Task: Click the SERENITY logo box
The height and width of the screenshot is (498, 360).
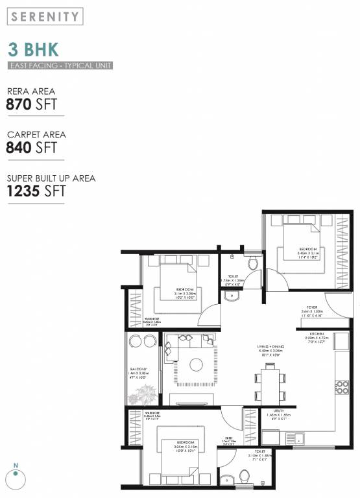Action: pos(45,16)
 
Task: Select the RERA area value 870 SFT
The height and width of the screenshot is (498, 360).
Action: pos(30,103)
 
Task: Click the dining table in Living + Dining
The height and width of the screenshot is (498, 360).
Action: pos(269,382)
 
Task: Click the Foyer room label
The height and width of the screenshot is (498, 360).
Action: pos(312,309)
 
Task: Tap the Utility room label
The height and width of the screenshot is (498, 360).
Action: pos(278,411)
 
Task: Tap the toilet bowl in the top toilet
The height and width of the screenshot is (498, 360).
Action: pos(253,263)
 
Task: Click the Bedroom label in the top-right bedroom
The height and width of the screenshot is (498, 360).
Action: pos(307,250)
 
